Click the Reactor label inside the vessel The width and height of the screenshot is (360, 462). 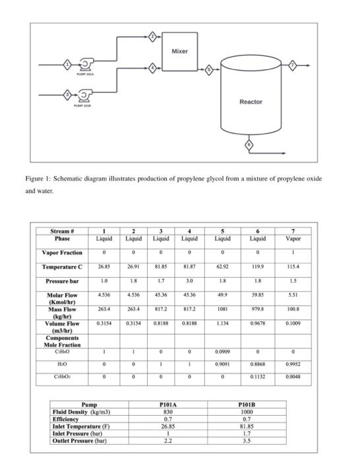(251, 102)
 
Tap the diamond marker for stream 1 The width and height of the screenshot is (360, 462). (66, 64)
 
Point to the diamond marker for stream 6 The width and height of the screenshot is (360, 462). (249, 144)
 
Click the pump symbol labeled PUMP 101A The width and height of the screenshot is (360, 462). (85, 64)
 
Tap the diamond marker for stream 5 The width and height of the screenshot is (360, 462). (210, 69)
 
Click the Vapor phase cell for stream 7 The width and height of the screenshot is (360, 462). (299, 238)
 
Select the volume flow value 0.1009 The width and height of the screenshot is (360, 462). (299, 323)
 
